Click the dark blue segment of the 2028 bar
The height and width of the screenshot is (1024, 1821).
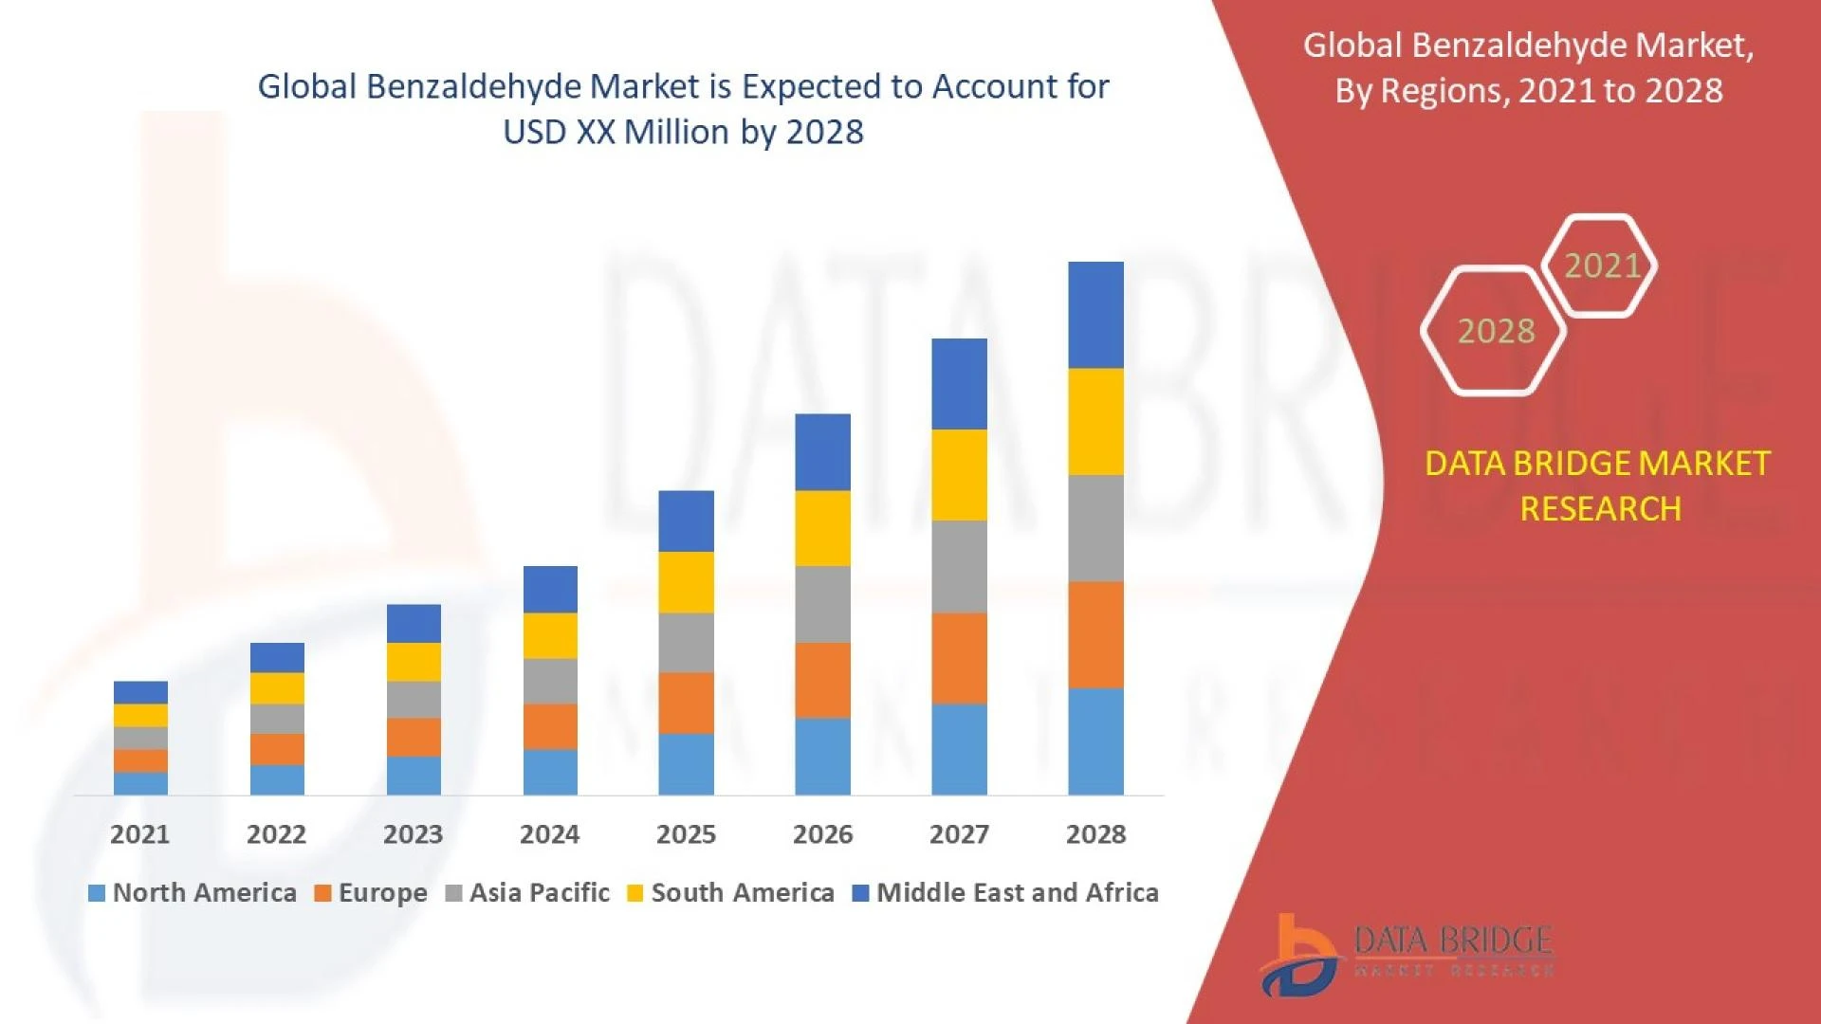point(1095,315)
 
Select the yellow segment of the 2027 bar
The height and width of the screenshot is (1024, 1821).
point(959,475)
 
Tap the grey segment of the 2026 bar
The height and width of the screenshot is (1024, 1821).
point(822,604)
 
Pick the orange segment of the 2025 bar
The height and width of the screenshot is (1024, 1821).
point(686,703)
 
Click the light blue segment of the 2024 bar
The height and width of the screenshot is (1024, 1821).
point(550,772)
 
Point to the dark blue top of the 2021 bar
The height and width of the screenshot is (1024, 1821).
point(140,692)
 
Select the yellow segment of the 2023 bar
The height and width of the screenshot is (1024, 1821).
point(414,662)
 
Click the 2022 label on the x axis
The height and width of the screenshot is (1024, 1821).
point(276,834)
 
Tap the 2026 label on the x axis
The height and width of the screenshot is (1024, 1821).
point(822,834)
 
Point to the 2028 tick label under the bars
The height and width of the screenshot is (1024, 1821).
point(1095,834)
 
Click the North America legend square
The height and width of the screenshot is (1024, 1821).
point(96,893)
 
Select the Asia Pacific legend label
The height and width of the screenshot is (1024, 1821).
point(539,893)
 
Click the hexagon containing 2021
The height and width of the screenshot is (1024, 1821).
point(1601,265)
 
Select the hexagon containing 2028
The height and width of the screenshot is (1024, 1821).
point(1495,331)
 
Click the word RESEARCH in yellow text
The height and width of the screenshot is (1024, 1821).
point(1600,509)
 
